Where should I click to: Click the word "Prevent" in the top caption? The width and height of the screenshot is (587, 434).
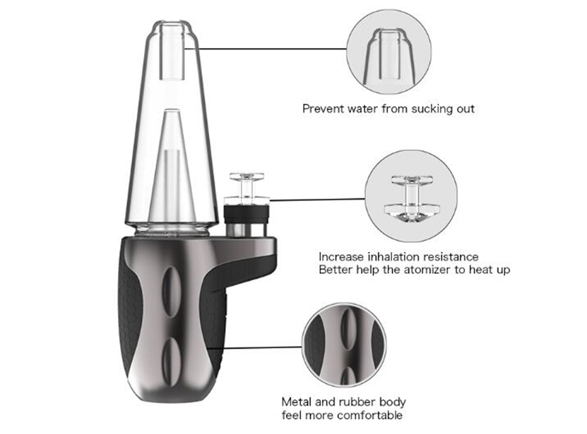[323, 109]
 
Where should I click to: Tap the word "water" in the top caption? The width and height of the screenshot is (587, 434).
[363, 109]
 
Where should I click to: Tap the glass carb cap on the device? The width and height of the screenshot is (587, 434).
[247, 188]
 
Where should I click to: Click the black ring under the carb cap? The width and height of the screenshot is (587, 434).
[247, 215]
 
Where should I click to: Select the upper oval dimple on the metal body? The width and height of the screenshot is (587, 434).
[171, 292]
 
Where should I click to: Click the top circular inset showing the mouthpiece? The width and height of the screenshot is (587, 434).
[389, 52]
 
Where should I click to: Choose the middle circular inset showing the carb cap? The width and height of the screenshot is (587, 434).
[411, 196]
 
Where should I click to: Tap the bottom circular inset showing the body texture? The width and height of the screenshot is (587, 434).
[345, 345]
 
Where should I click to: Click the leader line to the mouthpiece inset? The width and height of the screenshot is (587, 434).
[272, 49]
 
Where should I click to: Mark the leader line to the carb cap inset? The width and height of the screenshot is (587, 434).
[317, 200]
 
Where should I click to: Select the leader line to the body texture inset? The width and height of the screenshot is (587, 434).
[261, 348]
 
